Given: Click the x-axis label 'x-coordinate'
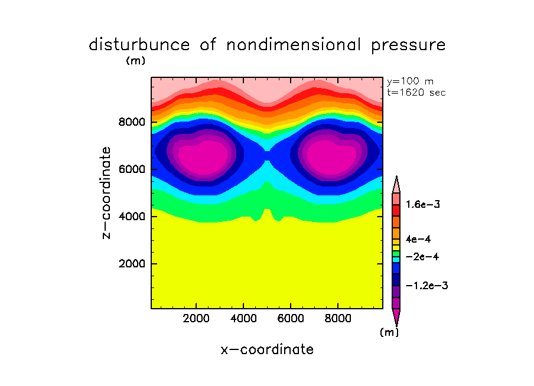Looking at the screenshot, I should [x=267, y=349].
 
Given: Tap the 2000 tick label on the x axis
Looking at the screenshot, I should [x=197, y=319].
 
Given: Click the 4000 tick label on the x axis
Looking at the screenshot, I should [x=243, y=319].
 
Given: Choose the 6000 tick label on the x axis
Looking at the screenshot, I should [x=290, y=319].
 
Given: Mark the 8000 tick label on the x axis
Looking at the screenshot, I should [x=337, y=319].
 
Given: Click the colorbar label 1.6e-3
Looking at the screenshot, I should [x=424, y=205].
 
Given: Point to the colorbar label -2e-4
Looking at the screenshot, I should [x=422, y=257].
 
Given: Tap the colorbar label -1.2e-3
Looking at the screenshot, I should [x=426, y=286].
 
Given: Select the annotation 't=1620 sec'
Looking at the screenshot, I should [x=416, y=92].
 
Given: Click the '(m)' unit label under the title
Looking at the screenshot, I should [x=135, y=60].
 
